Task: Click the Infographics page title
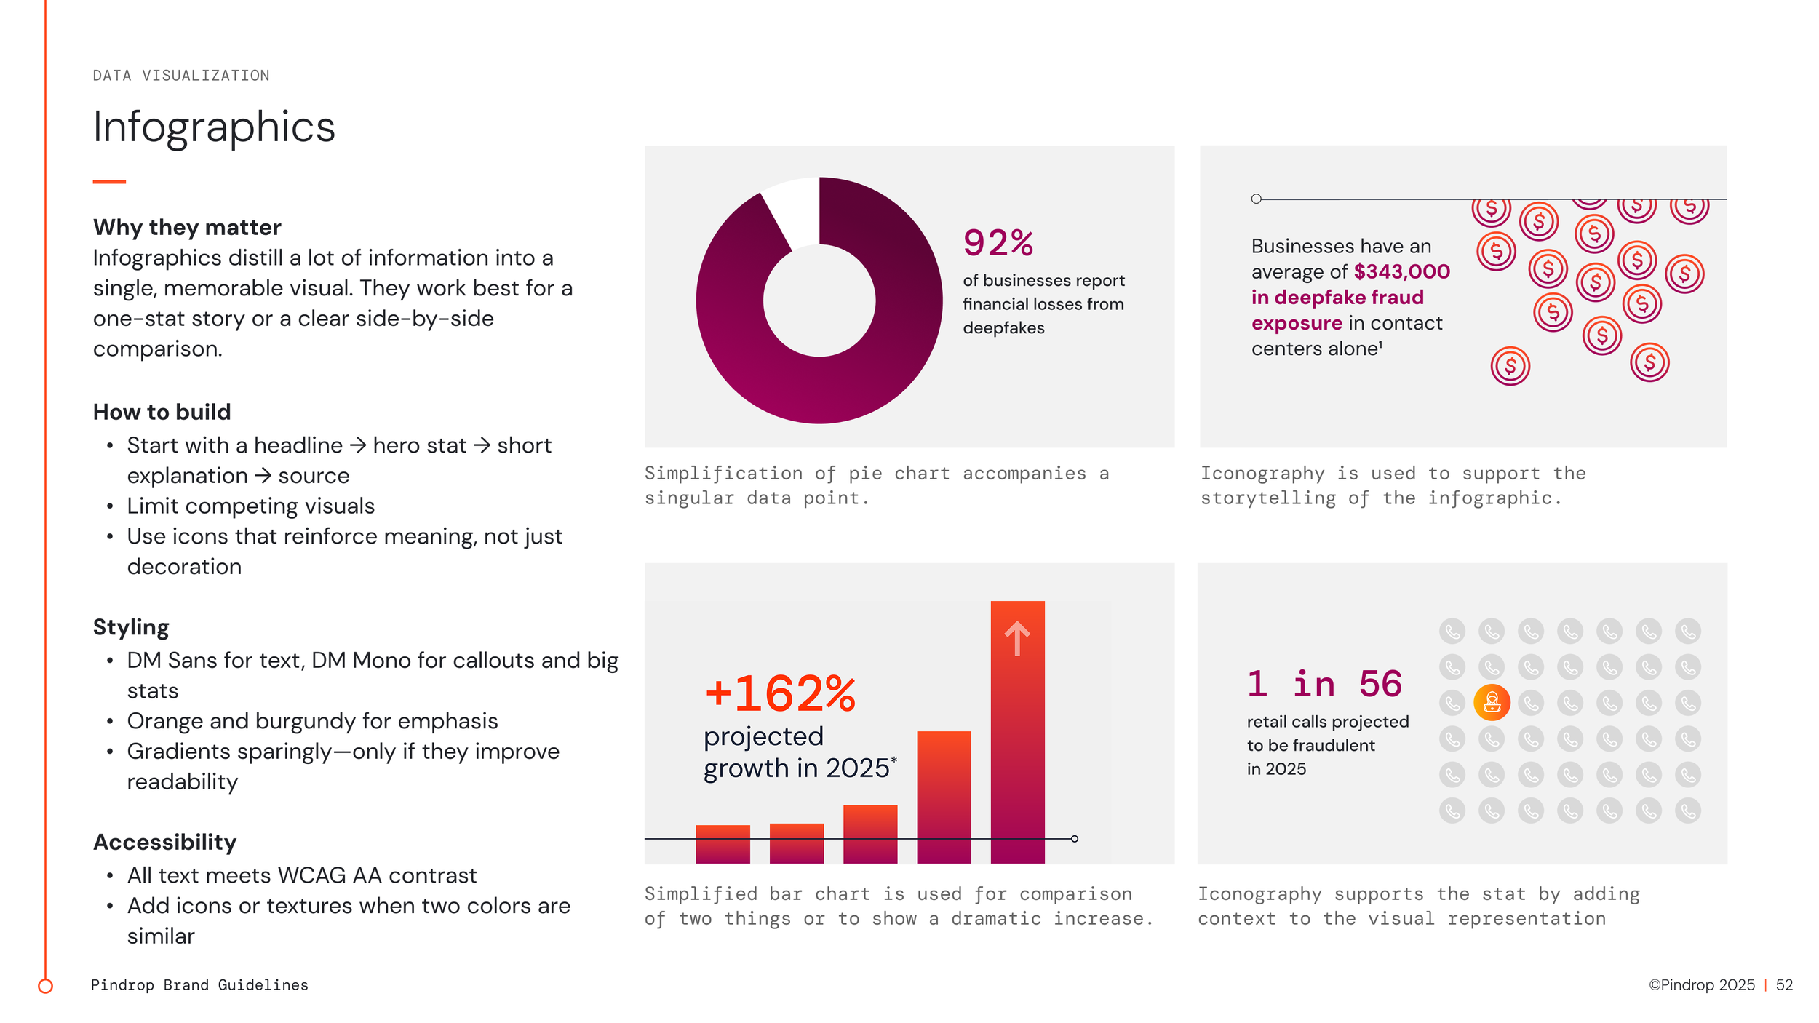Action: [x=214, y=127]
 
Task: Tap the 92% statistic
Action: [x=998, y=243]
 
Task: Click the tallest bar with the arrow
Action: [x=1017, y=735]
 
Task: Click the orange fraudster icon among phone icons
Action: [x=1492, y=702]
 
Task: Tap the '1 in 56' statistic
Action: [x=1324, y=684]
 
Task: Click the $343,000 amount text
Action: [x=1401, y=271]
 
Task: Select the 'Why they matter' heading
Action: [x=187, y=227]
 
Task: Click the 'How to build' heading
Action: [x=162, y=412]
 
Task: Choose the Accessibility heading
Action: [x=164, y=842]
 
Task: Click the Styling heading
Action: [x=131, y=626]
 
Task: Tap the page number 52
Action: [x=1784, y=984]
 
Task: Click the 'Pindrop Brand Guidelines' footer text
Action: [x=199, y=984]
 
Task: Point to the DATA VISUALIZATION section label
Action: [x=181, y=76]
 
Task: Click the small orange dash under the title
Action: [x=109, y=181]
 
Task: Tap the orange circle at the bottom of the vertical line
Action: [x=45, y=986]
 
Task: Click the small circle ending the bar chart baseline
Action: [x=1075, y=839]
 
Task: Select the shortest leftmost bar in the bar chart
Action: [x=723, y=844]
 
